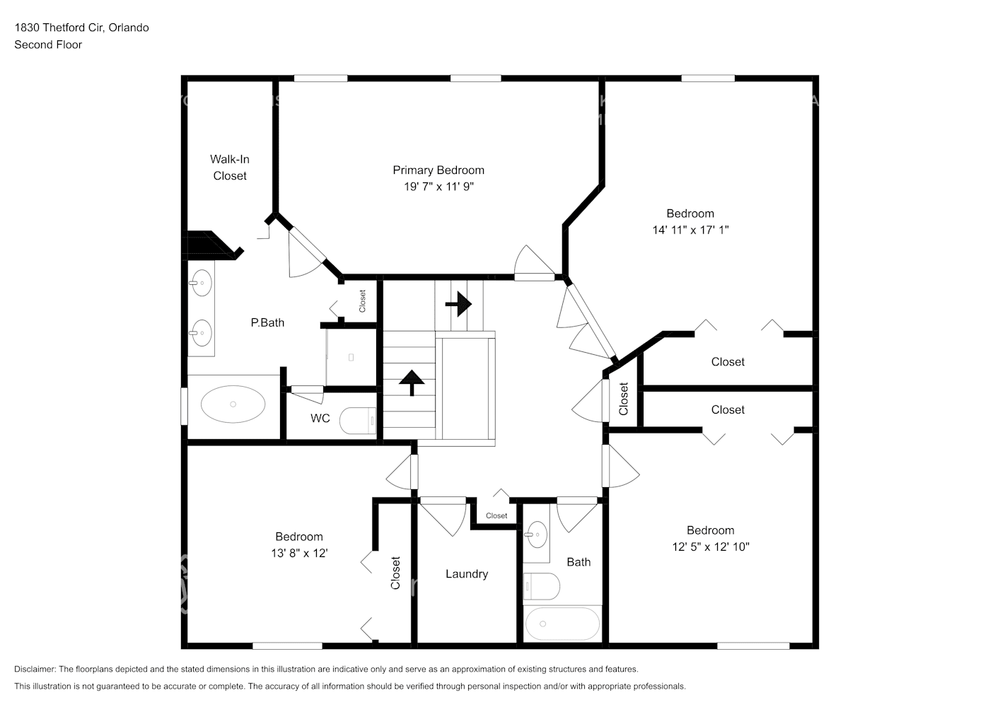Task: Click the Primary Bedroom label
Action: pos(438,170)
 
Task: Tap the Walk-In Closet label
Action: pos(230,168)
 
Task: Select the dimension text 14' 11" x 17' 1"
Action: pos(690,230)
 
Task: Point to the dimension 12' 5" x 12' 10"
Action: pos(710,547)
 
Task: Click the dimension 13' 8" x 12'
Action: pos(299,553)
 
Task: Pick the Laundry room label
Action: pos(466,574)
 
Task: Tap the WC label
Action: pos(320,419)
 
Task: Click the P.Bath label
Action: pos(267,322)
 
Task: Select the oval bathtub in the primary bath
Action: pos(233,404)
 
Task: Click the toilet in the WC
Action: pos(358,421)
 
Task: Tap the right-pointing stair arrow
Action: pos(459,305)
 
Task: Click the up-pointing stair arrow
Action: pos(411,382)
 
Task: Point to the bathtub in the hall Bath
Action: pos(562,624)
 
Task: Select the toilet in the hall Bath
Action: pos(542,586)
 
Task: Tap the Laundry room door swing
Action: pos(443,515)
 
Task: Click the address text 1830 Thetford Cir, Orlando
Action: pos(81,28)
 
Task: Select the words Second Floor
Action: pos(48,45)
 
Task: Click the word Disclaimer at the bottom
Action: pos(35,669)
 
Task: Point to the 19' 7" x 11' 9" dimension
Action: pos(438,187)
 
